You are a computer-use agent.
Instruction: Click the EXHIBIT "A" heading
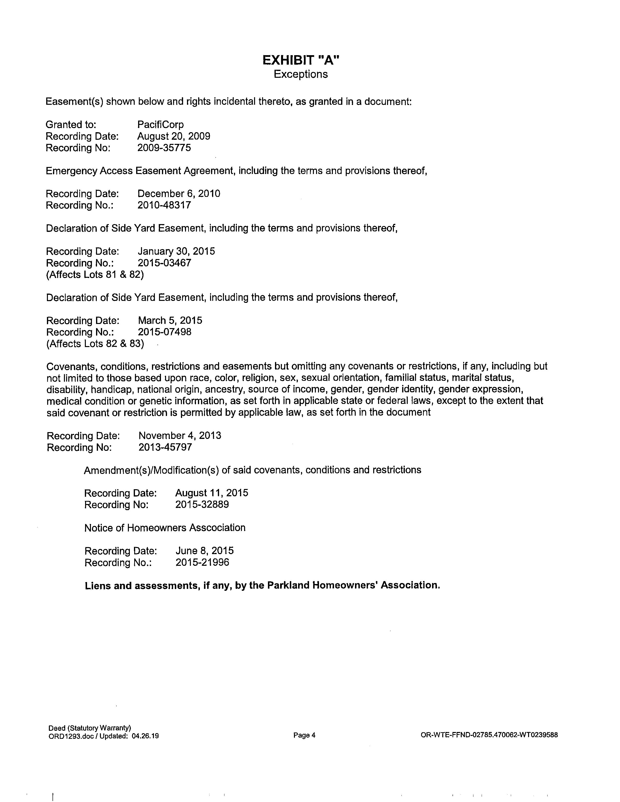coord(301,60)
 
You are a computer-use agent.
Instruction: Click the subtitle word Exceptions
coord(301,74)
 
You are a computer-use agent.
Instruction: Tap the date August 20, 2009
coord(174,136)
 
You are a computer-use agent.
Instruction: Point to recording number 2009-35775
coord(164,148)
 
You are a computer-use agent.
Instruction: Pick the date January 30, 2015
coord(176,251)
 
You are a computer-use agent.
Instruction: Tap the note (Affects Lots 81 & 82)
coord(95,275)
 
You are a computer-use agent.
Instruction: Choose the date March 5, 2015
coord(170,321)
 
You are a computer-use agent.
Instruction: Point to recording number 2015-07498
coord(165,332)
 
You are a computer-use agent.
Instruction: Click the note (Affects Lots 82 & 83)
coord(95,344)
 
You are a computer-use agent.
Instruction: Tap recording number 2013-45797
coord(165,447)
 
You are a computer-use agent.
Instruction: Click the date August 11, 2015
coord(212,493)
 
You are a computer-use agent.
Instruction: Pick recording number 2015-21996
coord(202,562)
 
